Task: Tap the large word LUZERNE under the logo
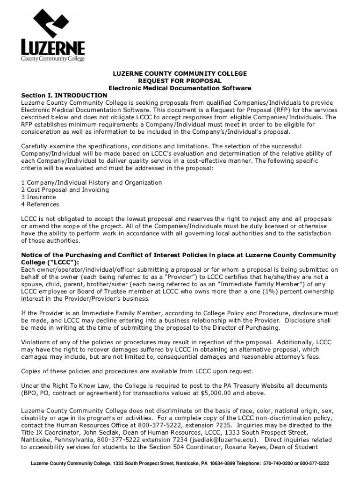(x=53, y=48)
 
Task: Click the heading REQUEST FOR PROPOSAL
(x=180, y=81)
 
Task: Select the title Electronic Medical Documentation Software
(x=180, y=88)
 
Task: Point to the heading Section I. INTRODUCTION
(x=64, y=95)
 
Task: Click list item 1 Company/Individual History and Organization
(x=92, y=182)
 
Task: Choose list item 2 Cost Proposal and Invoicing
(x=65, y=190)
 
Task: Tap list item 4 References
(x=40, y=204)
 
